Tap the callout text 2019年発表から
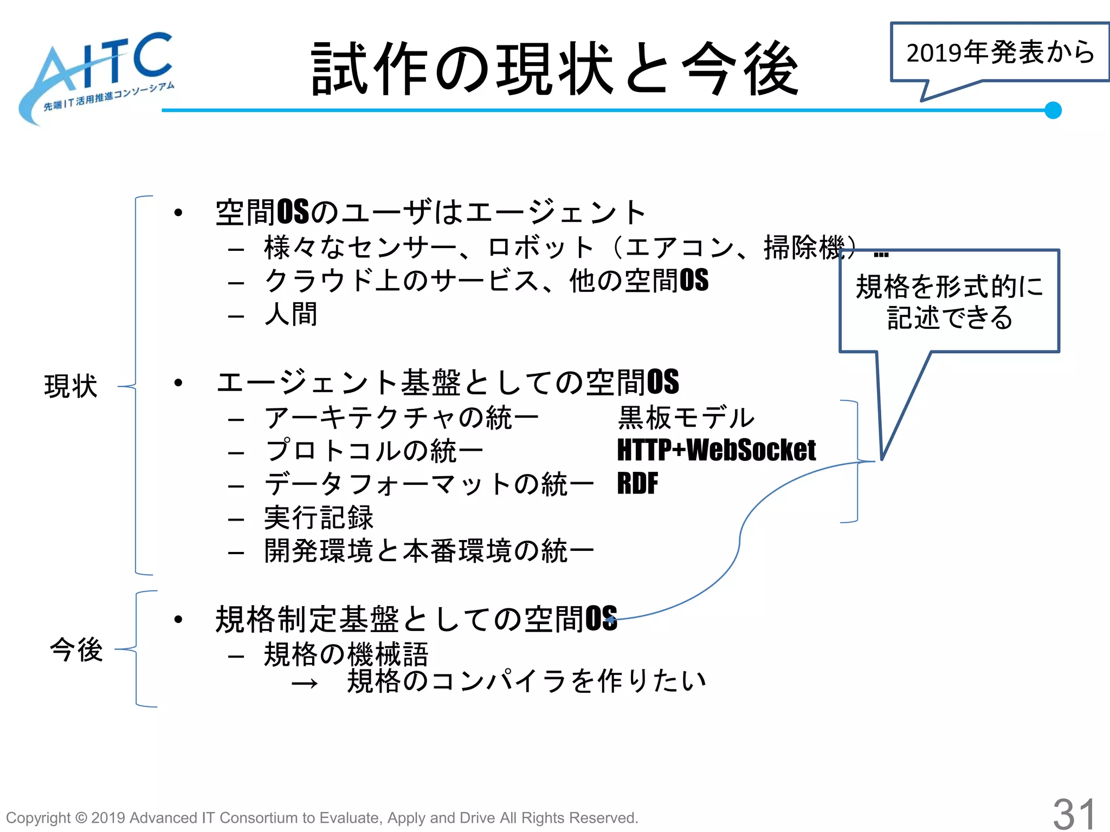pos(1000,53)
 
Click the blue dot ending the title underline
pos(1053,110)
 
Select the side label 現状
pos(71,386)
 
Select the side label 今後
pos(76,649)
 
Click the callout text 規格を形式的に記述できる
pos(949,302)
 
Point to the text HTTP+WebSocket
pos(716,451)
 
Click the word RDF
pos(637,484)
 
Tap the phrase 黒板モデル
pos(686,418)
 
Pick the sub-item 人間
pos(291,314)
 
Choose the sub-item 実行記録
pos(319,518)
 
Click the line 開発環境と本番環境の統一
pos(429,551)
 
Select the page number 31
pos(1074,813)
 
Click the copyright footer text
pos(322,818)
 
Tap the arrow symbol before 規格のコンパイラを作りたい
pos(304,684)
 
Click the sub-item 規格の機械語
pos(346,654)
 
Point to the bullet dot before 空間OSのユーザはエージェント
pos(178,213)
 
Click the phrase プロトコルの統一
pos(374,451)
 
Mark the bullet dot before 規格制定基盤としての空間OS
pos(178,619)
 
